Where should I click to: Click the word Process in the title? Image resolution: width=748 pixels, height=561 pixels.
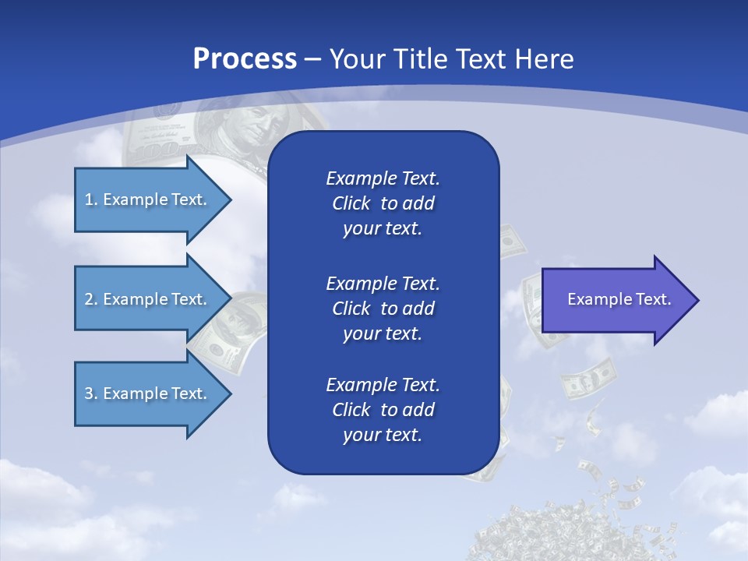pyautogui.click(x=245, y=59)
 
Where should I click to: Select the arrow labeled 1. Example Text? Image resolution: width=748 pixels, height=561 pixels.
pyautogui.click(x=148, y=199)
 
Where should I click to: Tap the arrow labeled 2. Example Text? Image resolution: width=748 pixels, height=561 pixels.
pyautogui.click(x=148, y=299)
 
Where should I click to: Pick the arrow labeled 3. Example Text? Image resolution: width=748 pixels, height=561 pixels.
pyautogui.click(x=148, y=393)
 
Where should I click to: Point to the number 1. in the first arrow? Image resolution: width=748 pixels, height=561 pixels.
pyautogui.click(x=90, y=199)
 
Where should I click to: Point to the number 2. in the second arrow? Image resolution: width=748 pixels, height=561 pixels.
pyautogui.click(x=90, y=299)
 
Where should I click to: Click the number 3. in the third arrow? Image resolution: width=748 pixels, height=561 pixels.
pyautogui.click(x=90, y=393)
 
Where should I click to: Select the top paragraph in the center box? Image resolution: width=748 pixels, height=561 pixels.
pyautogui.click(x=383, y=203)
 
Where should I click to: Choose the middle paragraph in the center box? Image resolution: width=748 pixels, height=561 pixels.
pyautogui.click(x=383, y=309)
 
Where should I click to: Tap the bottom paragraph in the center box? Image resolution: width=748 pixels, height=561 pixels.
pyautogui.click(x=383, y=410)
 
